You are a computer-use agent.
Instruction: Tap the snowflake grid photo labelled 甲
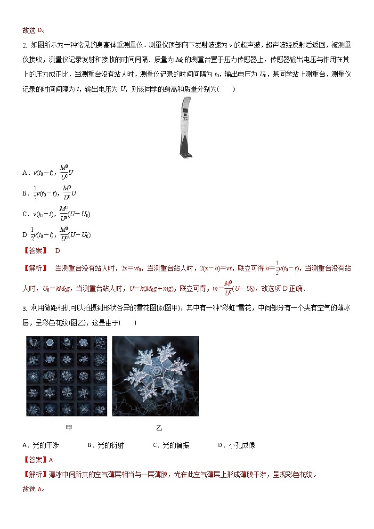[66, 376]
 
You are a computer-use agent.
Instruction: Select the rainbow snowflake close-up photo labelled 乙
[155, 376]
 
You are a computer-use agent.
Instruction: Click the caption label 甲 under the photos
[69, 428]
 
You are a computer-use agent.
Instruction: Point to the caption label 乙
[159, 428]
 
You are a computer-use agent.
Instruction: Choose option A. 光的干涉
[41, 445]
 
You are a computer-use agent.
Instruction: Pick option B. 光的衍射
[106, 445]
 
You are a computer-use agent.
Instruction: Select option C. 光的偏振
[171, 445]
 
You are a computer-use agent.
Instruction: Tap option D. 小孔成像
[236, 445]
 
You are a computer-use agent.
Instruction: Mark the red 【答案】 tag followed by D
[35, 251]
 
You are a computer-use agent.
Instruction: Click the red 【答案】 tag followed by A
[35, 460]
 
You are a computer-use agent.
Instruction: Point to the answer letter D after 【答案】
[58, 251]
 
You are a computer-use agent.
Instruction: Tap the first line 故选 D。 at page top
[33, 30]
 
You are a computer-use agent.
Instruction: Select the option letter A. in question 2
[26, 173]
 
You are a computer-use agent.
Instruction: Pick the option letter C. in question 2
[26, 214]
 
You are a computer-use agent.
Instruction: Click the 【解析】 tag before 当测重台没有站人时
[35, 268]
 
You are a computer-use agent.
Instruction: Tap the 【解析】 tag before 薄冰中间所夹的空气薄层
[35, 474]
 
